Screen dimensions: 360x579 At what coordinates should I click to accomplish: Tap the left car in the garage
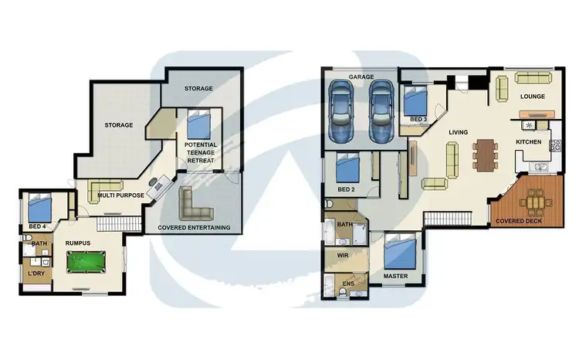pos(342,112)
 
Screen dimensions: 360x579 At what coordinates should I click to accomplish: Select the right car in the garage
pos(380,112)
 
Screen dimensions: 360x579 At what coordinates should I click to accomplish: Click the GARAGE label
pos(361,77)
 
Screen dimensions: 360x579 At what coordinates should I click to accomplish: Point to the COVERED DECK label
pos(519,221)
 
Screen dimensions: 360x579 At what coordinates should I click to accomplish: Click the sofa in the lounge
pos(533,77)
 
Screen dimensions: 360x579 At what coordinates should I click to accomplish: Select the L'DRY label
pos(34,275)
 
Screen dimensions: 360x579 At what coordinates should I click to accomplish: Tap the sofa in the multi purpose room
pos(105,187)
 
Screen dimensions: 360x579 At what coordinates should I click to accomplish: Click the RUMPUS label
pos(78,243)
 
